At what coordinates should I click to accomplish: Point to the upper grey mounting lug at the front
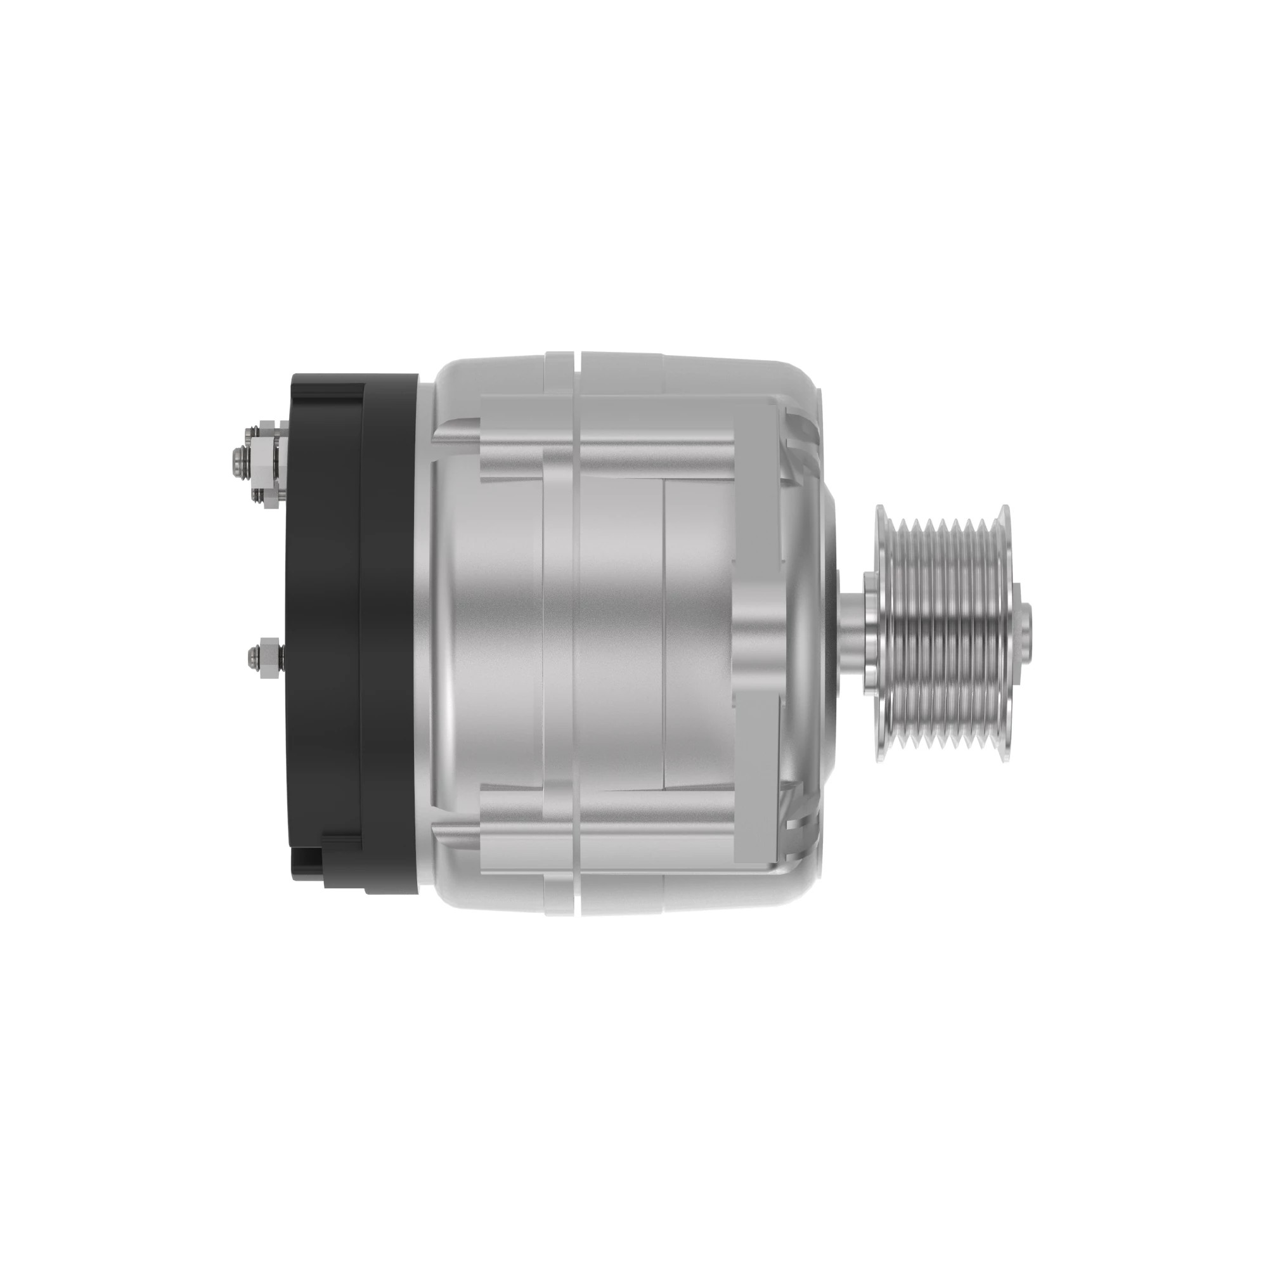coord(758,440)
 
